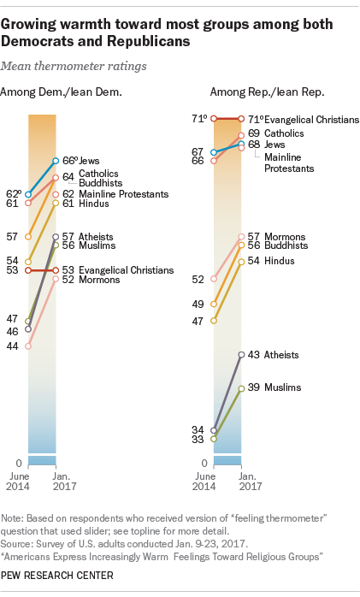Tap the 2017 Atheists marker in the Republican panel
pyautogui.click(x=241, y=354)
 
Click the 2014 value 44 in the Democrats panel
pyautogui.click(x=14, y=346)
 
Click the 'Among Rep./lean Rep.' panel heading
pyautogui.click(x=254, y=92)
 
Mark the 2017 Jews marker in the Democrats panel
pyautogui.click(x=56, y=161)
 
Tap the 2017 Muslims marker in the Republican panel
pyautogui.click(x=241, y=388)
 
